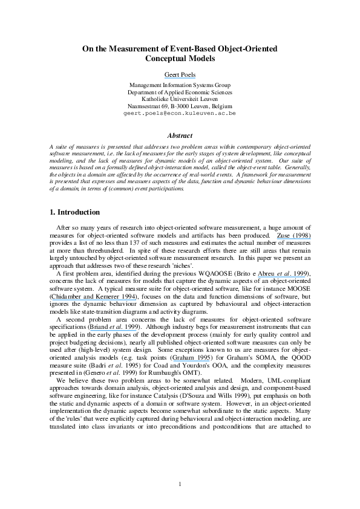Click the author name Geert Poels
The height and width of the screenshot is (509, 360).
click(180, 74)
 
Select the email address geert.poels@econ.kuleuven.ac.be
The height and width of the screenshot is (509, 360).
click(180, 113)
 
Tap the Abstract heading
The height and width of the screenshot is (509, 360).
click(180, 136)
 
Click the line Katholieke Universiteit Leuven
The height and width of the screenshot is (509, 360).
click(180, 99)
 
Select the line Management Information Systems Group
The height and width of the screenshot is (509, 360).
click(180, 85)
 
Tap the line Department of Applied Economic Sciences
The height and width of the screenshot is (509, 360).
click(180, 92)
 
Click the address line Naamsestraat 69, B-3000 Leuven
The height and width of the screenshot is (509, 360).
click(180, 106)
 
